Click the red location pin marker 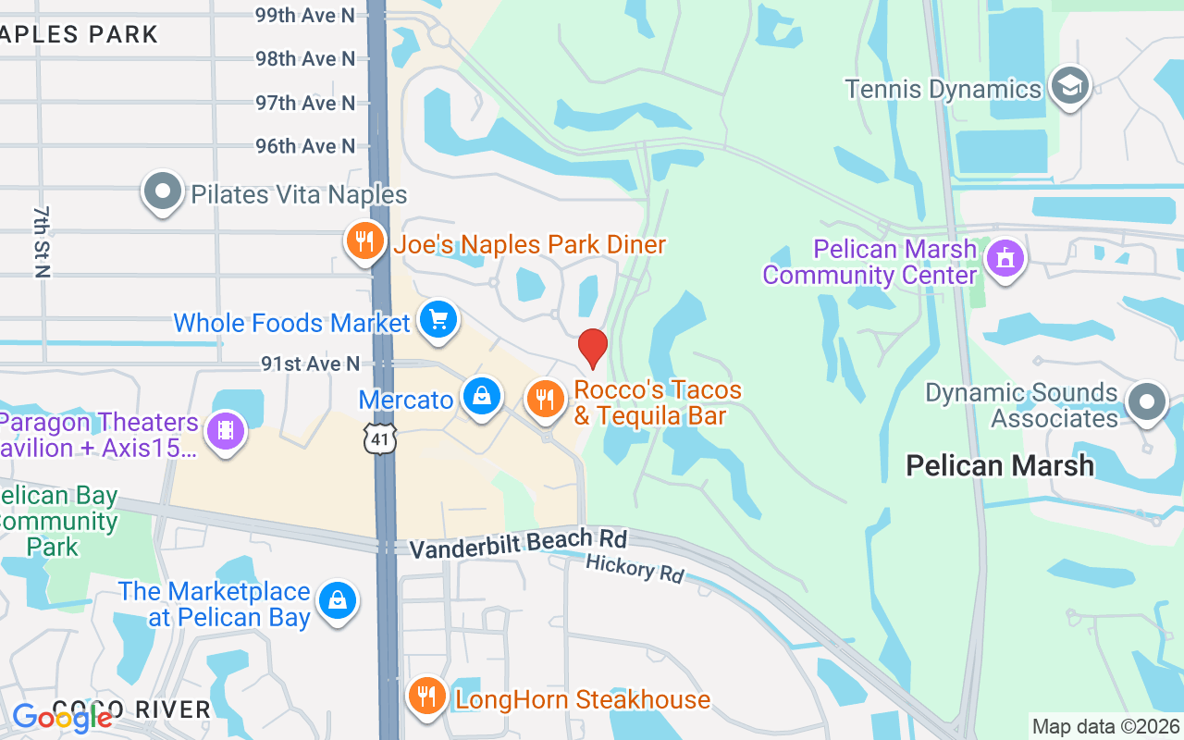593,348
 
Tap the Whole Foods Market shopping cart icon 438,320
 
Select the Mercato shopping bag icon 482,397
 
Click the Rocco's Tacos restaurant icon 546,399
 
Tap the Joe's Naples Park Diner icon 365,241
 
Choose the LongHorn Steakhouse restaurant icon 426,697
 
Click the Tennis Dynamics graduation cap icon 1070,86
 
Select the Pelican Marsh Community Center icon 1005,258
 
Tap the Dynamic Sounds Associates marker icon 1148,402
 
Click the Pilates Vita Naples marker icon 163,191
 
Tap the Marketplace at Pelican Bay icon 338,601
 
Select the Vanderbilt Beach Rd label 518,543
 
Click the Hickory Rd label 635,568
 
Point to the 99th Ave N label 305,15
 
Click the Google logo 61,717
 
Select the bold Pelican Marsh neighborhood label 1000,465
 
